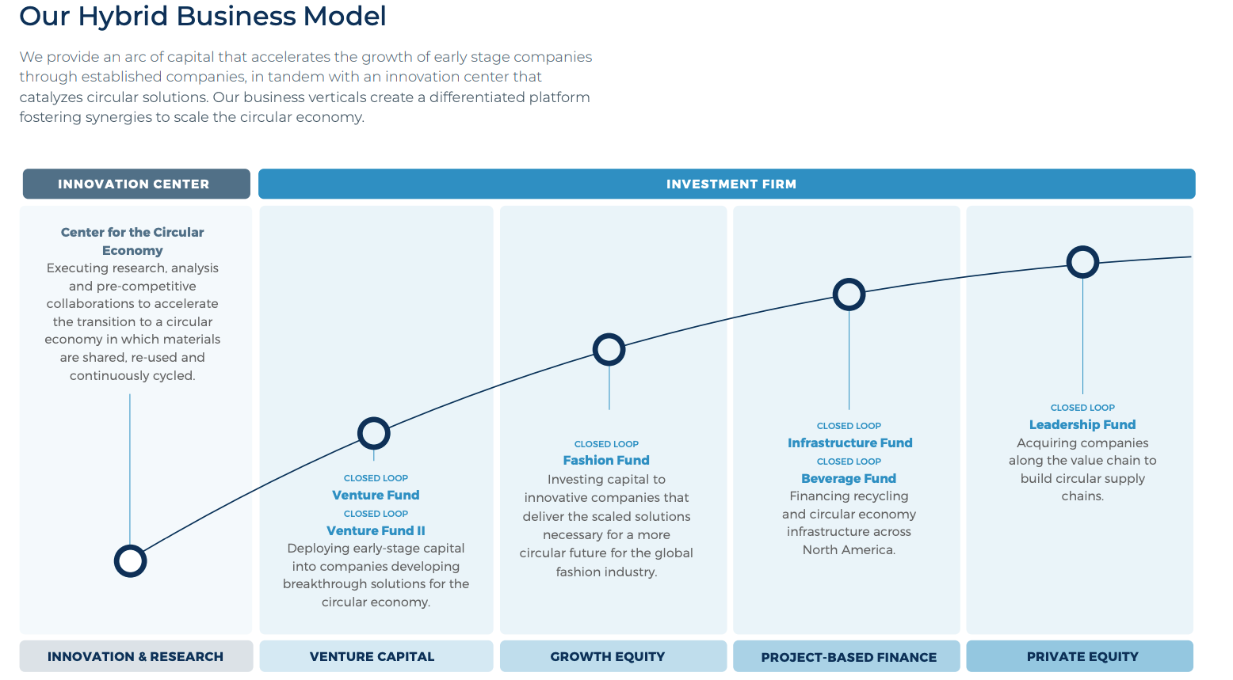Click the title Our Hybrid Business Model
(x=203, y=16)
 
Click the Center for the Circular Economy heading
(x=132, y=241)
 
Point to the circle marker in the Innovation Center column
(x=130, y=561)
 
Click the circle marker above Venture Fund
(x=373, y=433)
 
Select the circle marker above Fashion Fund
(x=609, y=349)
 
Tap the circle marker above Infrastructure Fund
(x=849, y=294)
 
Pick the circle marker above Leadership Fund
(x=1082, y=262)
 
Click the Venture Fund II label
(x=376, y=530)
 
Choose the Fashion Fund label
(x=606, y=460)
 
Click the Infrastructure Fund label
(x=849, y=443)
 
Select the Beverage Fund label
(x=849, y=478)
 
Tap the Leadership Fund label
(x=1082, y=424)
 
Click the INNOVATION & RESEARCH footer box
(x=136, y=656)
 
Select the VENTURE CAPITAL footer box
(x=372, y=656)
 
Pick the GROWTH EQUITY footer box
(x=608, y=656)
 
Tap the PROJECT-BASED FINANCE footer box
(x=849, y=657)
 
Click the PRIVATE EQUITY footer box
(x=1082, y=656)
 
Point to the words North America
(x=848, y=549)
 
